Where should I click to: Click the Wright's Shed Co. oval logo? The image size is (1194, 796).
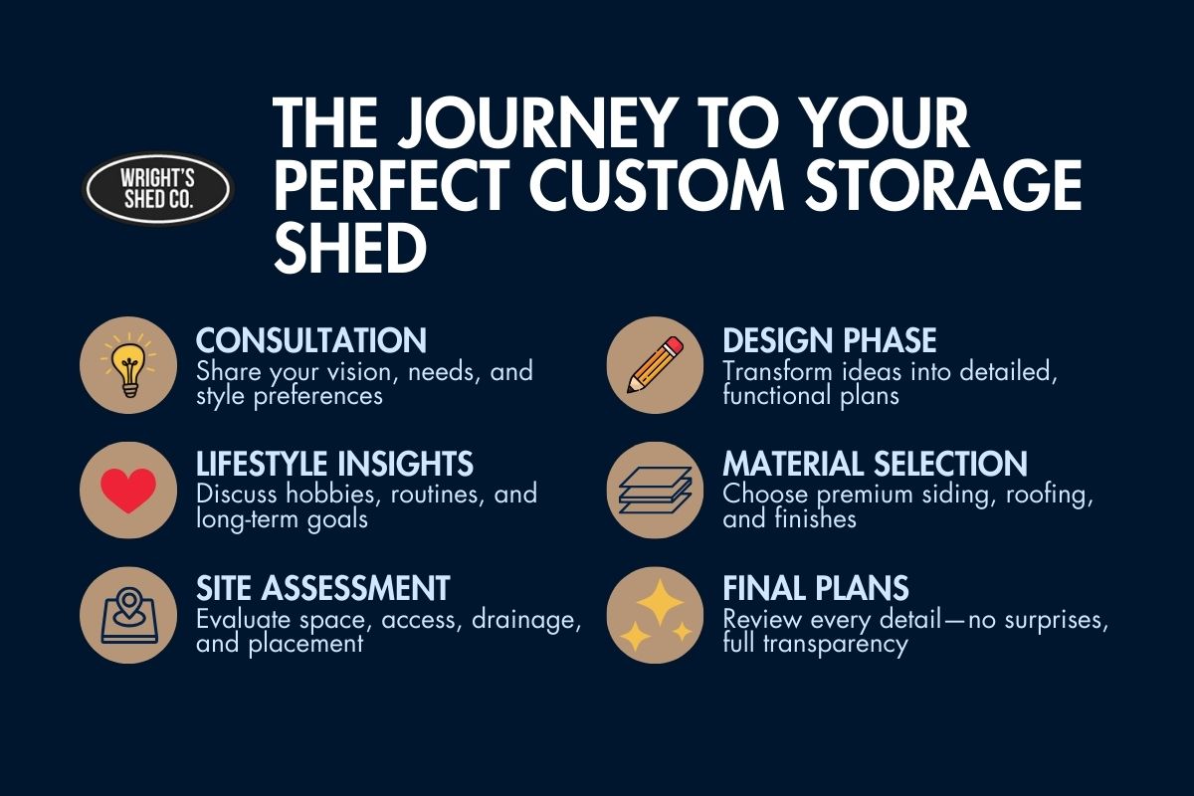[158, 189]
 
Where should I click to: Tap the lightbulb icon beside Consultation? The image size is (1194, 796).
[128, 365]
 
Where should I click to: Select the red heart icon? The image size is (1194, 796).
[128, 490]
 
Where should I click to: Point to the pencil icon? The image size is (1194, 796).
[655, 365]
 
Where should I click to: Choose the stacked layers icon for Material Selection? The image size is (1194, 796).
[655, 490]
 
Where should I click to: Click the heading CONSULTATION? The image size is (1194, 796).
[311, 340]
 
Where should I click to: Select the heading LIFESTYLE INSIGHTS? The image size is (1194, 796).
[334, 464]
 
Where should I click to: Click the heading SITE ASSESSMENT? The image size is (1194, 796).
[323, 588]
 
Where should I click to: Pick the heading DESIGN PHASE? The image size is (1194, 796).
[830, 340]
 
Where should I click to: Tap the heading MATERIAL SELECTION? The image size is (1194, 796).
[876, 464]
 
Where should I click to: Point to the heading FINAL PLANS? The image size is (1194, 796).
[816, 588]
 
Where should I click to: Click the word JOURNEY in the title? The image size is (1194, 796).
[536, 123]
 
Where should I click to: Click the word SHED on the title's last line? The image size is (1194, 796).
[350, 247]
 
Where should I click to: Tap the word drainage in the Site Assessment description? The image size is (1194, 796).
[526, 620]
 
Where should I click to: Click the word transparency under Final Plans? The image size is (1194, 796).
[835, 644]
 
